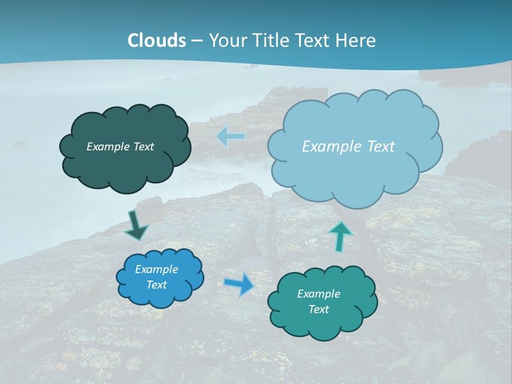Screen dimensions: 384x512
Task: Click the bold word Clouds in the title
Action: [x=157, y=41]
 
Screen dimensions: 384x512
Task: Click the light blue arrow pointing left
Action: [x=231, y=137]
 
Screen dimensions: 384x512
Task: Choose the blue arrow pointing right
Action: [x=239, y=283]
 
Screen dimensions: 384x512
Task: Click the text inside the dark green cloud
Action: [x=120, y=147]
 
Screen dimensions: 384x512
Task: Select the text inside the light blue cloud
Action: [x=348, y=147]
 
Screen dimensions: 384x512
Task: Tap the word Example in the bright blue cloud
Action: [x=156, y=269]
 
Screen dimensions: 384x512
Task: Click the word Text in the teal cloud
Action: [x=318, y=309]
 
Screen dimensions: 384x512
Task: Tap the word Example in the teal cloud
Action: [x=318, y=294]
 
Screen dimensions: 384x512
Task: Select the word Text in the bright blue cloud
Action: [x=156, y=285]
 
